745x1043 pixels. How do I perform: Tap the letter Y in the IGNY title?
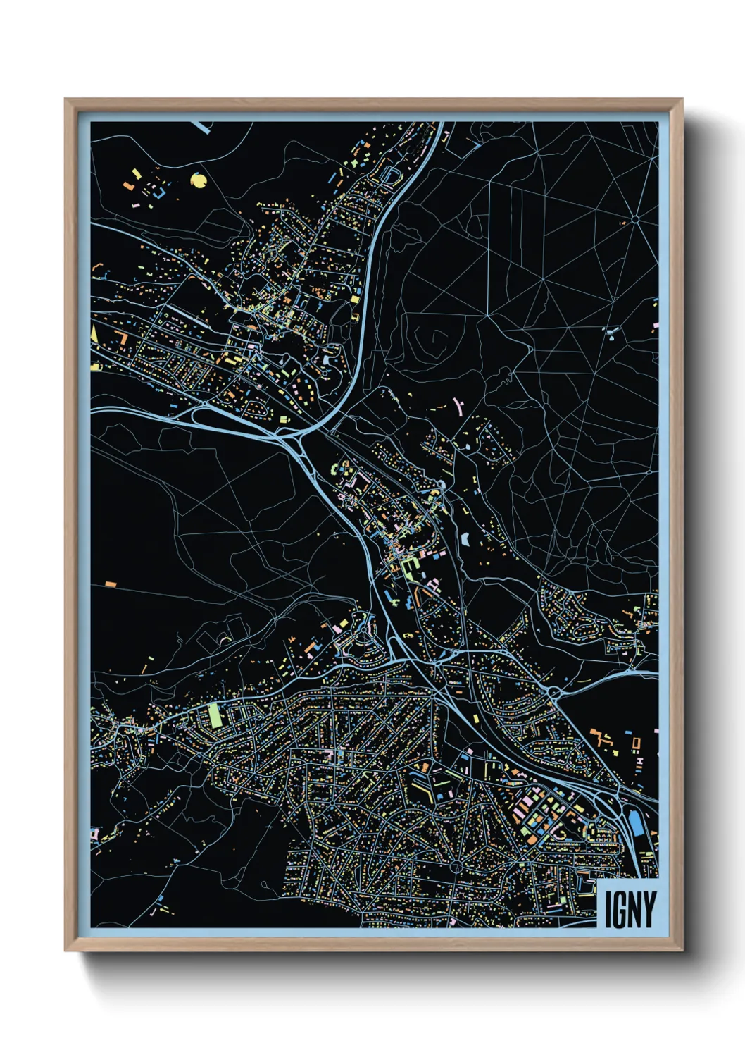(x=649, y=910)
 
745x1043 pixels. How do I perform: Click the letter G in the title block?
(x=620, y=910)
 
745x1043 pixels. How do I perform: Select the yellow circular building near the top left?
(x=199, y=181)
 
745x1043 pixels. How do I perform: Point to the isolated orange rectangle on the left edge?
(x=110, y=584)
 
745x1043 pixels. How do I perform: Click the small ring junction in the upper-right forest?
(x=634, y=220)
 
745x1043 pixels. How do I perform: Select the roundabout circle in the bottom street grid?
(x=456, y=865)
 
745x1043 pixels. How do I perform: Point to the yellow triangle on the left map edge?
(x=94, y=333)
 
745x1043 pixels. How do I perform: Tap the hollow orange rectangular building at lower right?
(x=636, y=743)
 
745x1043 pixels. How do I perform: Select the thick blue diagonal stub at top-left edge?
(x=204, y=126)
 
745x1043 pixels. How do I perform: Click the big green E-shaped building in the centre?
(x=408, y=569)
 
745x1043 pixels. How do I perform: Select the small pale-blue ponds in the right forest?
(x=611, y=333)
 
